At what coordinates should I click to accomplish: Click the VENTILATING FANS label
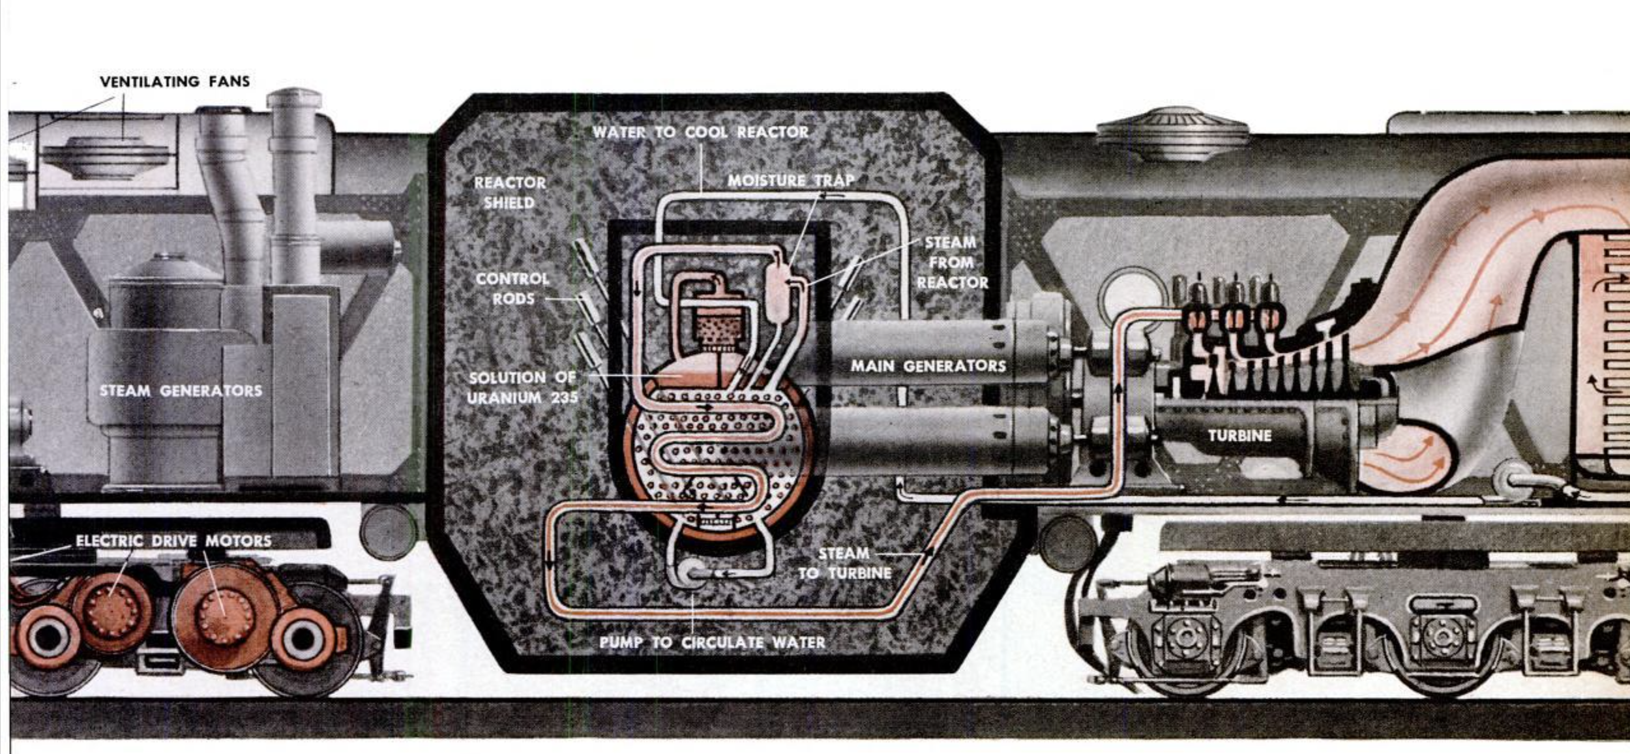(x=175, y=82)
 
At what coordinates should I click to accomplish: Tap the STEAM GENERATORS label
(x=181, y=391)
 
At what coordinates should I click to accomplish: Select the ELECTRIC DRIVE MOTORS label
(x=173, y=541)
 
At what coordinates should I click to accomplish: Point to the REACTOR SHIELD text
(x=509, y=192)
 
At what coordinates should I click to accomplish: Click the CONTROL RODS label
(x=512, y=288)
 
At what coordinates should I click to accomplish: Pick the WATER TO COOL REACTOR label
(x=700, y=132)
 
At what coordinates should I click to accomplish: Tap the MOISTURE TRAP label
(x=790, y=180)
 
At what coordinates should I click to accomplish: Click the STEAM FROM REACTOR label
(x=952, y=262)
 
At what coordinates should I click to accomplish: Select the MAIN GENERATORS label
(x=928, y=366)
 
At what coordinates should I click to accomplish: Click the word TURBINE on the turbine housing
(x=1239, y=435)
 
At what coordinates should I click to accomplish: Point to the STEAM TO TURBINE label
(x=844, y=564)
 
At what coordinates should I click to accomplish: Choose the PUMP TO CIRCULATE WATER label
(x=712, y=642)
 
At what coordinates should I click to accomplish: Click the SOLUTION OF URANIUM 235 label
(x=522, y=387)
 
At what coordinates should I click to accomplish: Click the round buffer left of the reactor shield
(x=388, y=532)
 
